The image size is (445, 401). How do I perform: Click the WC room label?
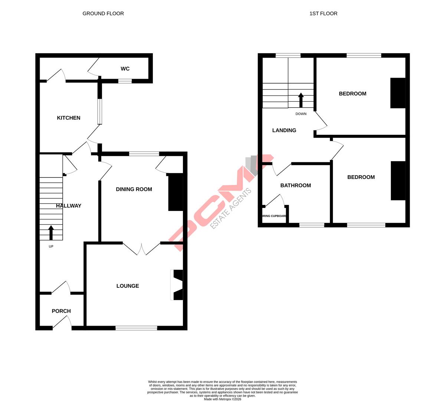[x=125, y=69]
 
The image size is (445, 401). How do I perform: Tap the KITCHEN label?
[x=69, y=118]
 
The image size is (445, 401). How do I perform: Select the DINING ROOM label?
[x=134, y=189]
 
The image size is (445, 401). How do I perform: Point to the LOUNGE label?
[x=128, y=286]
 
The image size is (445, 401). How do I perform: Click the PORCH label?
[x=61, y=311]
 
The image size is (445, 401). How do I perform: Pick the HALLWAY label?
[x=69, y=206]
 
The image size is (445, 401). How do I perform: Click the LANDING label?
[x=284, y=130]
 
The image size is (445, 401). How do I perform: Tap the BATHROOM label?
[x=295, y=185]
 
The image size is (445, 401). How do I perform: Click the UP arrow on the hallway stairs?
[x=51, y=232]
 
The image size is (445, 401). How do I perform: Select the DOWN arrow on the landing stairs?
[x=301, y=100]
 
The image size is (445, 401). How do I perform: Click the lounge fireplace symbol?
[x=177, y=285]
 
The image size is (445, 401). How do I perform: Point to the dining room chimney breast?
[x=176, y=192]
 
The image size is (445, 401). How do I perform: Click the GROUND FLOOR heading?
[x=103, y=13]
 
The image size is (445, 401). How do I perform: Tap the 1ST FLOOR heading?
[x=323, y=13]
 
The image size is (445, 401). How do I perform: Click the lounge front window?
[x=136, y=328]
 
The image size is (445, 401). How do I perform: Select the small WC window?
[x=125, y=81]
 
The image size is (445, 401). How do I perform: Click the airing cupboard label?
[x=275, y=216]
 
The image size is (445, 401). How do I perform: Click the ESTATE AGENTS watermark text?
[x=231, y=209]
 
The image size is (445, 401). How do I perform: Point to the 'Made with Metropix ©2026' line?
[x=222, y=399]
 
